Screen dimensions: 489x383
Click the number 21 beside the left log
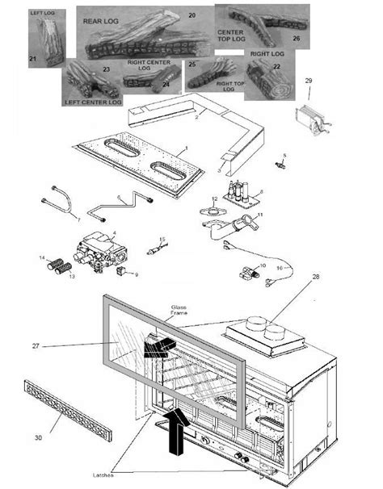[32, 58]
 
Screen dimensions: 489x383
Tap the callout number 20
[191, 15]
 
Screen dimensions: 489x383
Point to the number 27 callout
[35, 346]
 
